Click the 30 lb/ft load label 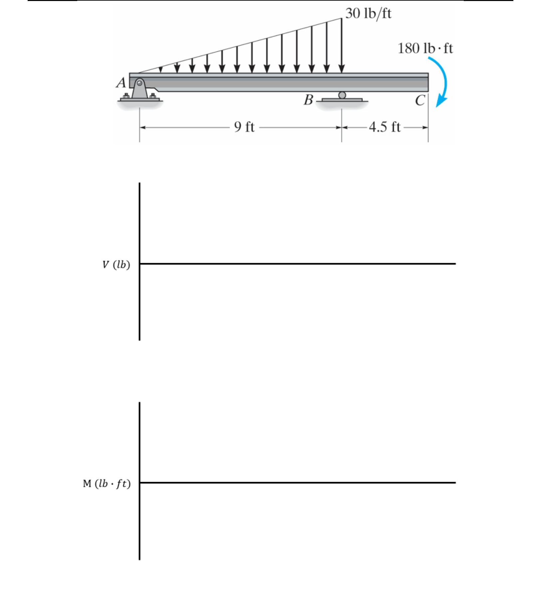click(368, 14)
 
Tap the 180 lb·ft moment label click(425, 49)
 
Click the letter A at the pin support click(121, 83)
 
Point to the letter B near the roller click(308, 100)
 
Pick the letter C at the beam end click(420, 100)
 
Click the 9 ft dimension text click(244, 127)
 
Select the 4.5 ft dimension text click(385, 127)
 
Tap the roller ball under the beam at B click(342, 95)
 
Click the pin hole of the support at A click(139, 83)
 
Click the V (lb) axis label click(116, 265)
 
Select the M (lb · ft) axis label click(107, 483)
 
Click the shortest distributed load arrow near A click(161, 69)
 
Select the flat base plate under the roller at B click(342, 100)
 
